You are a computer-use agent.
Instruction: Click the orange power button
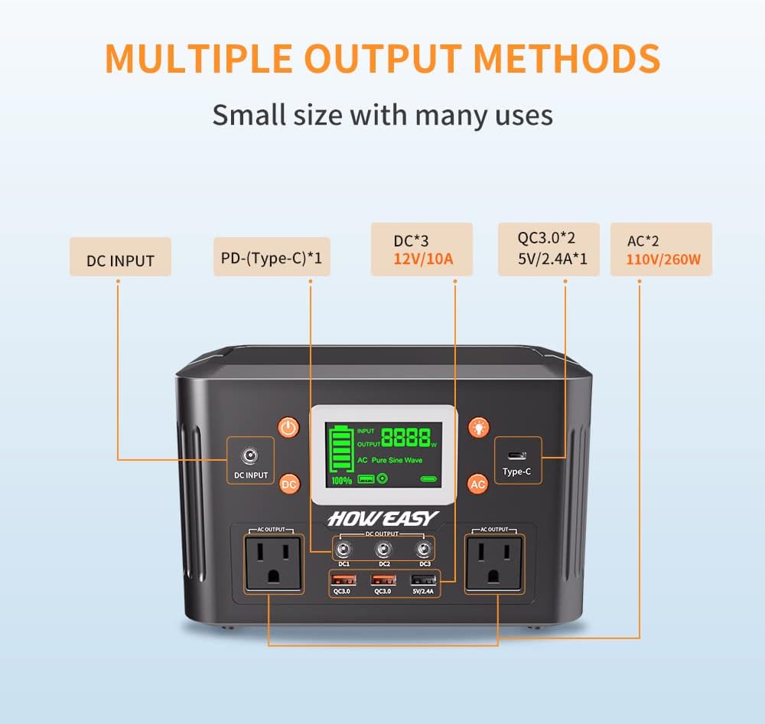pos(288,428)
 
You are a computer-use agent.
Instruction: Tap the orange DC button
pos(289,484)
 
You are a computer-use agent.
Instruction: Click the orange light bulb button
pos(479,428)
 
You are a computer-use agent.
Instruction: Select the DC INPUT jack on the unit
pos(250,456)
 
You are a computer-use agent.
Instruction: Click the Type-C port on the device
pos(516,456)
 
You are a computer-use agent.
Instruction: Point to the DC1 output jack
pos(343,550)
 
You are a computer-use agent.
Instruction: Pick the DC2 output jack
pos(383,550)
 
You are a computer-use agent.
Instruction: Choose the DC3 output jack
pos(424,550)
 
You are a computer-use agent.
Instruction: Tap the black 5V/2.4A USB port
pos(423,580)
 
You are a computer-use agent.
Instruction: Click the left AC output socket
pos(273,563)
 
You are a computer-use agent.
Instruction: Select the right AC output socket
pos(493,563)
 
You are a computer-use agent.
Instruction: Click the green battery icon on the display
pos(341,448)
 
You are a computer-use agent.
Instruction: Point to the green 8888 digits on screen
pos(406,438)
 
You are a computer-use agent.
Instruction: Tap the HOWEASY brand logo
pos(383,518)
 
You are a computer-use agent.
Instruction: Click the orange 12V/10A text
pos(423,259)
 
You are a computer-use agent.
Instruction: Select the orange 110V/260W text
pos(663,259)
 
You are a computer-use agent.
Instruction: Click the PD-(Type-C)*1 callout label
pos(272,257)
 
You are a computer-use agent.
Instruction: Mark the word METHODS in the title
pos(566,59)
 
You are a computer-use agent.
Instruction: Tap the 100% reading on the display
pos(341,481)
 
